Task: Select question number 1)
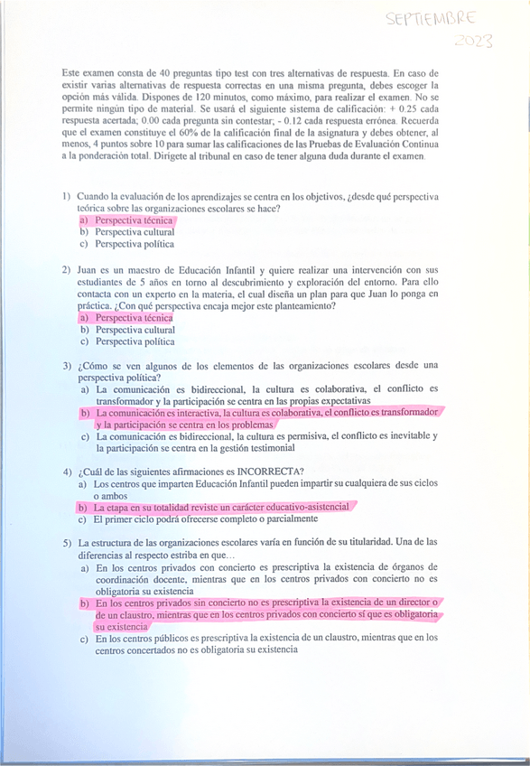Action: click(67, 196)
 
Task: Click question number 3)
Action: click(67, 366)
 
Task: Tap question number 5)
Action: click(67, 542)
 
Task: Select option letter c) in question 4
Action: click(83, 518)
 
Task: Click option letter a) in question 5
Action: click(83, 567)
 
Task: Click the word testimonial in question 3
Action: click(265, 448)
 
